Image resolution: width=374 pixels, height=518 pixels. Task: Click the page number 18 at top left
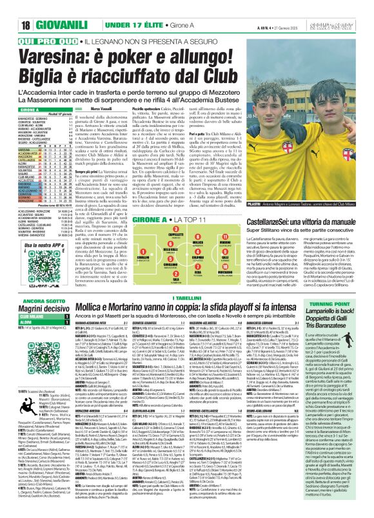tap(11, 9)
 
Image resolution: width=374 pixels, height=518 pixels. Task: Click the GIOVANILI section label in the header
tap(41, 9)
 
